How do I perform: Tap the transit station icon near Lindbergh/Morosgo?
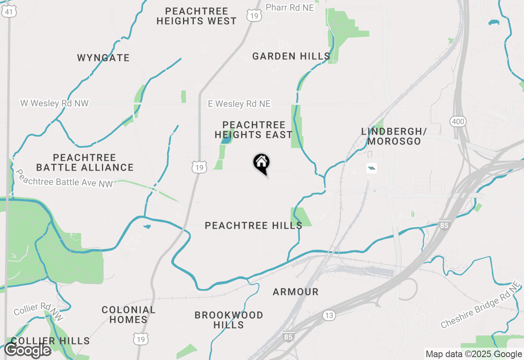coord(371,168)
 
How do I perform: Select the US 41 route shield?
coord(9,12)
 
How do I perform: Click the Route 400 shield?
coord(458,122)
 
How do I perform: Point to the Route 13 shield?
coord(329,315)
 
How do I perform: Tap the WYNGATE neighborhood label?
coord(104,58)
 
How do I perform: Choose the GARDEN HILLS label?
coord(291,56)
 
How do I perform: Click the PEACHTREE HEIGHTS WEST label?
coord(196,16)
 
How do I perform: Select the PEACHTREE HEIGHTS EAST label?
coord(253,130)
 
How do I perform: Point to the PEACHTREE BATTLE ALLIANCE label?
coord(85,162)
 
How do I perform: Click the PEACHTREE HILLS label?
coord(253,225)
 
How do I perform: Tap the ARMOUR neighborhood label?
coord(296,292)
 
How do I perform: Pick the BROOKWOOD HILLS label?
coord(229,320)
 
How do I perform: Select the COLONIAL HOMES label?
coord(129,315)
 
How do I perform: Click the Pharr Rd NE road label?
coord(290,7)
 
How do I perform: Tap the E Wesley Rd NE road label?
coord(239,104)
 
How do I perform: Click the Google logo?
coord(28,350)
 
